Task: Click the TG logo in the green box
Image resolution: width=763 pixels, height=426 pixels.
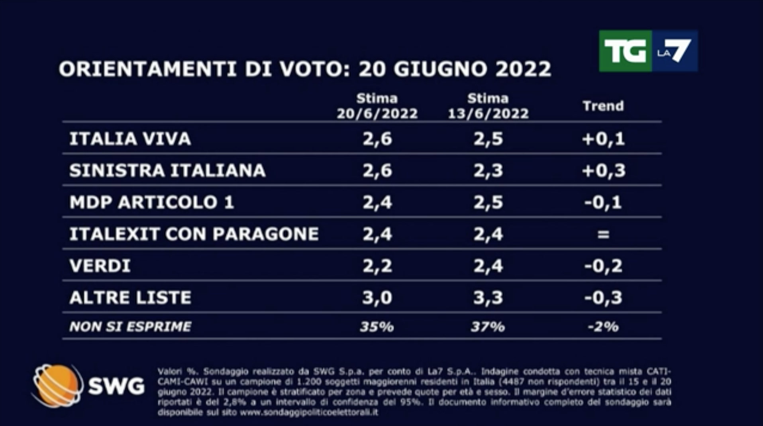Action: point(625,51)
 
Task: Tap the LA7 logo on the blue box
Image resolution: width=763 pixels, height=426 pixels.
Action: point(675,51)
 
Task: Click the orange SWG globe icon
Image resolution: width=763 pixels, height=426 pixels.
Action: point(57,385)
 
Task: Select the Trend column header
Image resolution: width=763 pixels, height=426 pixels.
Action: point(603,106)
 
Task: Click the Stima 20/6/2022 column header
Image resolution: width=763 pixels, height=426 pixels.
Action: point(377,106)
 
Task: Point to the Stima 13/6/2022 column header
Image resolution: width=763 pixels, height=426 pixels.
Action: point(488,106)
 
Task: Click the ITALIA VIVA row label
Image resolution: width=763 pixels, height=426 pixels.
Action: point(130,139)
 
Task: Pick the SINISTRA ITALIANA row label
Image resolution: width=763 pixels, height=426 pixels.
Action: point(167,170)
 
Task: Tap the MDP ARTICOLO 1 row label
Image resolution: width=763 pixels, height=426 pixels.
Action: point(151,202)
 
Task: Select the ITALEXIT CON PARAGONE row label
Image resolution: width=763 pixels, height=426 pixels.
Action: point(194,234)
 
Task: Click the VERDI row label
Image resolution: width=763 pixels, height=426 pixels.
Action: point(100,266)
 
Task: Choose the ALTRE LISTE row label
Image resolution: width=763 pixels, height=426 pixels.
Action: point(130,298)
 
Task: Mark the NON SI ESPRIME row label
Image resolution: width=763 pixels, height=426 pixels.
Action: point(130,327)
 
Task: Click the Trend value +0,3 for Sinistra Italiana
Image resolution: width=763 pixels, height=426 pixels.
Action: point(603,170)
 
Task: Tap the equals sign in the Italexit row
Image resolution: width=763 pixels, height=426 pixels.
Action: point(603,234)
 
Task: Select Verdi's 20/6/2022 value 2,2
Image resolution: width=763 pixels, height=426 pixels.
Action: point(377,266)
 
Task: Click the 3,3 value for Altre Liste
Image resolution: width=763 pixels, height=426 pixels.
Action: point(488,298)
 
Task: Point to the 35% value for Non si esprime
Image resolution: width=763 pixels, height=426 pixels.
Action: point(377,327)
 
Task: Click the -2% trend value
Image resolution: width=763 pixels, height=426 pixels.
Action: point(603,327)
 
